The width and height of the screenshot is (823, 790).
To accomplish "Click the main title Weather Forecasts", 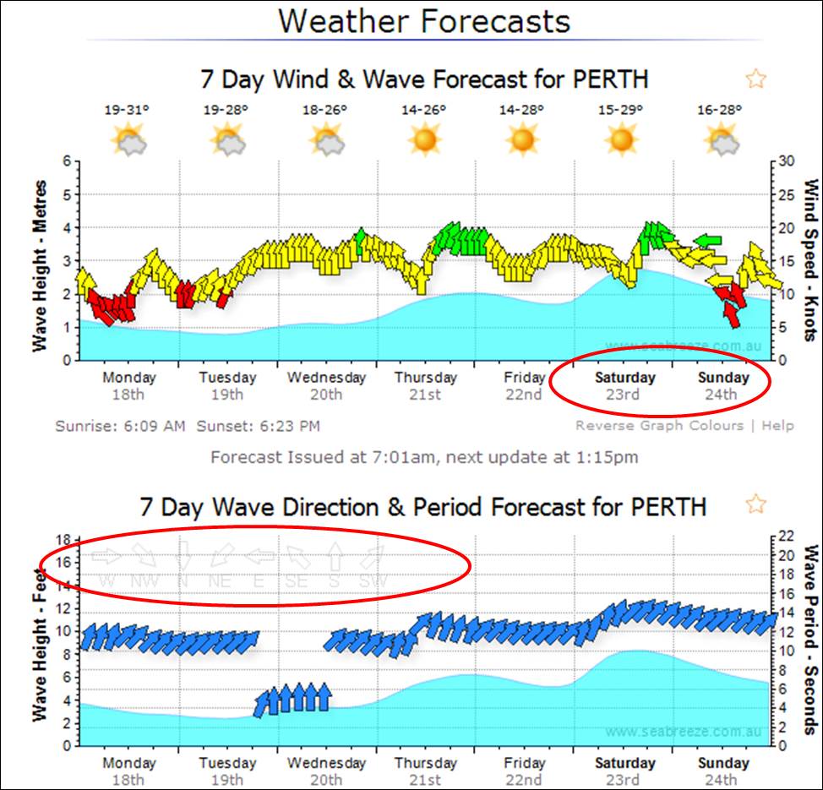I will pyautogui.click(x=424, y=19).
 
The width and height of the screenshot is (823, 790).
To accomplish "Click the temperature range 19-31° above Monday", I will pyautogui.click(x=127, y=110).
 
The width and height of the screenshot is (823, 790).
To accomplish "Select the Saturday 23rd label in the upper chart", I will pyautogui.click(x=624, y=385).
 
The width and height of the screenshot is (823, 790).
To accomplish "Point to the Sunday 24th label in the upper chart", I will pyautogui.click(x=722, y=385).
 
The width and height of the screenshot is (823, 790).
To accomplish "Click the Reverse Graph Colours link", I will pyautogui.click(x=659, y=426).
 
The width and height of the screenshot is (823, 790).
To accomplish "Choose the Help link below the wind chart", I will pyautogui.click(x=777, y=426).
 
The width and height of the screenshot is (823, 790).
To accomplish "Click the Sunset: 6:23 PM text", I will pyautogui.click(x=258, y=426).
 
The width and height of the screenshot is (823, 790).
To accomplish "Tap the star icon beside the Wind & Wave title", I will pyautogui.click(x=755, y=79).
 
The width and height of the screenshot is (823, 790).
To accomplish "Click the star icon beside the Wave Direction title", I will pyautogui.click(x=755, y=504).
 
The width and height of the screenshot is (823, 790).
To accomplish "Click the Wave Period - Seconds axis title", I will pyautogui.click(x=810, y=639).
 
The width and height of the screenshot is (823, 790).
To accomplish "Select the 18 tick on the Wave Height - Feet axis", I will pyautogui.click(x=62, y=539).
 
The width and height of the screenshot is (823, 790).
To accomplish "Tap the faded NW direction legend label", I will pyautogui.click(x=144, y=581).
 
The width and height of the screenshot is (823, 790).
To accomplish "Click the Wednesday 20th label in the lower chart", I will pyautogui.click(x=326, y=771).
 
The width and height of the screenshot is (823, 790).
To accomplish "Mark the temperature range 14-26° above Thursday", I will pyautogui.click(x=424, y=110).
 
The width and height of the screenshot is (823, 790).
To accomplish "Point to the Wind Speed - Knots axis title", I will pyautogui.click(x=810, y=259).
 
